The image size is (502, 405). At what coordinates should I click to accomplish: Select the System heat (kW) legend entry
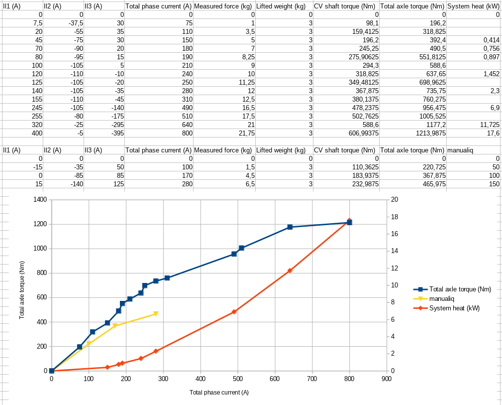(x=454, y=308)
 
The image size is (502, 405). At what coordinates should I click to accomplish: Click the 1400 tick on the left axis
(x=40, y=200)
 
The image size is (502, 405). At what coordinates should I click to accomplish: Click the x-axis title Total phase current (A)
(x=219, y=393)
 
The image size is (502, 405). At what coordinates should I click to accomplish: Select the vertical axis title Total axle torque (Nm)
(x=22, y=290)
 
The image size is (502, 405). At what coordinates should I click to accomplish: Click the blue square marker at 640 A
(x=290, y=227)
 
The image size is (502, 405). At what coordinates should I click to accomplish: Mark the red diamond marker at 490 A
(x=234, y=312)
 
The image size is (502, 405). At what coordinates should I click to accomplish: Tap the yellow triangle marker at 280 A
(x=156, y=314)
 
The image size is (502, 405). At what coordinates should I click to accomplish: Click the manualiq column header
(x=458, y=150)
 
